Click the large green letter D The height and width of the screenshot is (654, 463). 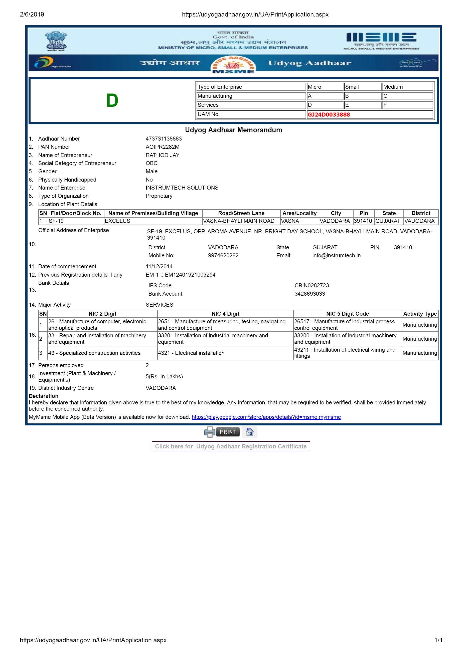112,101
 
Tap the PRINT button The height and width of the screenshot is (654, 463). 227,432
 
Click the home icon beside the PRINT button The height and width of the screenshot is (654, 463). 250,432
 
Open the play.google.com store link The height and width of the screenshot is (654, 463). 266,417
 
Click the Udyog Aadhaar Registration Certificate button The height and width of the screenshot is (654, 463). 231,446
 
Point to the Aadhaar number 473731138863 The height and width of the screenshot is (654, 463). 164,139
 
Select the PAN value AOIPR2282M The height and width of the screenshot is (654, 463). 162,147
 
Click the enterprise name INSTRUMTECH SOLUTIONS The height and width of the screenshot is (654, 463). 182,188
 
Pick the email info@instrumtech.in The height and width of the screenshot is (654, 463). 336,256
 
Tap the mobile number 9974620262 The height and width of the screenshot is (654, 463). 223,256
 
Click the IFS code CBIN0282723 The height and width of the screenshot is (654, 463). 312,285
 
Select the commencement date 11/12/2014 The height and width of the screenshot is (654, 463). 159,267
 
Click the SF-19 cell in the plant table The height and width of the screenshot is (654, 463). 56,221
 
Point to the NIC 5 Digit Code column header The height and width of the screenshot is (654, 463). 348,314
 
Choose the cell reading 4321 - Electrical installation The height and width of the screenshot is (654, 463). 191,353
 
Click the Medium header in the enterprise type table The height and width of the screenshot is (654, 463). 393,87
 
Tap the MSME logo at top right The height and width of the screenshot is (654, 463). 381,41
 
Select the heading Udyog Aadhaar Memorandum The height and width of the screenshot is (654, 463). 233,130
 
